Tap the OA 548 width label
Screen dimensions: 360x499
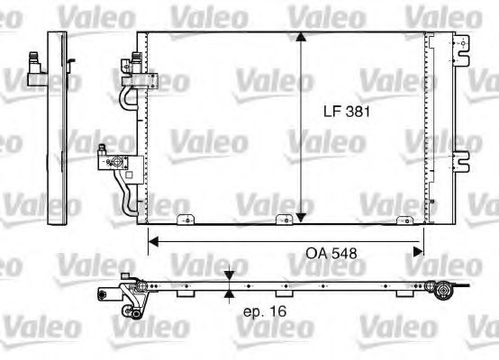click(325, 254)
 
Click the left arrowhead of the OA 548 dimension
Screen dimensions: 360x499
click(155, 241)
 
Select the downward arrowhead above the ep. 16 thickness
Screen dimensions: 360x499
click(230, 278)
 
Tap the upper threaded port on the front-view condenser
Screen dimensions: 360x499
click(134, 59)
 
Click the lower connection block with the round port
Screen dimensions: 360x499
click(115, 163)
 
